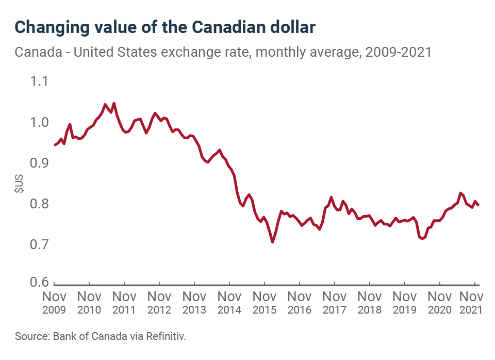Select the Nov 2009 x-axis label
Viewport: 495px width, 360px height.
point(54,303)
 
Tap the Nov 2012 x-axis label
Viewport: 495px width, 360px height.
point(159,303)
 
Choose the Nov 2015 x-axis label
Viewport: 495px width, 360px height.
point(265,303)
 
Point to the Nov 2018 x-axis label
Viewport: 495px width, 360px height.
point(370,303)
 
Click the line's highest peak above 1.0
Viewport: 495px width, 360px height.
point(114,103)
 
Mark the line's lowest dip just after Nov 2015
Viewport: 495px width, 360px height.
point(272,242)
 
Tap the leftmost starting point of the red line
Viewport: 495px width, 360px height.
point(55,145)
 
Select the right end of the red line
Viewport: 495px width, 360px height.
point(478,205)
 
